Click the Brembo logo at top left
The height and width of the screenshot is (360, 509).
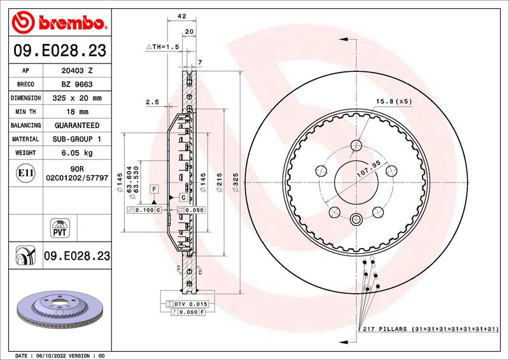click(x=59, y=22)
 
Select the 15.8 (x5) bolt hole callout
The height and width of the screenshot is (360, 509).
click(x=393, y=101)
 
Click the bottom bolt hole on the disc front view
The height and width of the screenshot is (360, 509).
click(x=355, y=219)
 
